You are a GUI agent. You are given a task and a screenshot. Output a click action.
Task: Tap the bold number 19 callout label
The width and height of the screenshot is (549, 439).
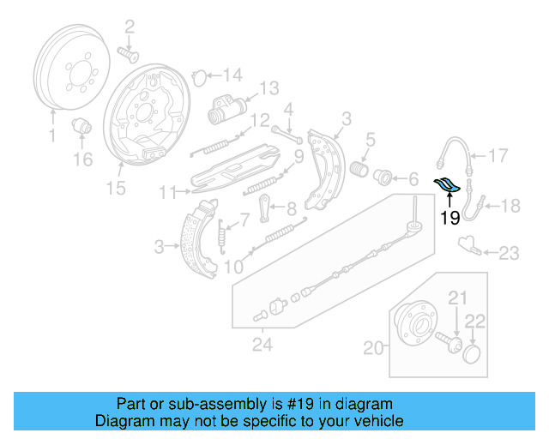(x=449, y=219)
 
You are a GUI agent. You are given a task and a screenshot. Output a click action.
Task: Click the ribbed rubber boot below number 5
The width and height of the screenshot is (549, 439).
(x=359, y=171)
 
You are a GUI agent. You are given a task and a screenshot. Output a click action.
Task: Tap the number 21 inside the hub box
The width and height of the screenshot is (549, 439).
(x=456, y=298)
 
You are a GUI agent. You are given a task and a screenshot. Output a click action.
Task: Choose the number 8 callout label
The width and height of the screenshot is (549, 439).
(x=292, y=207)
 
